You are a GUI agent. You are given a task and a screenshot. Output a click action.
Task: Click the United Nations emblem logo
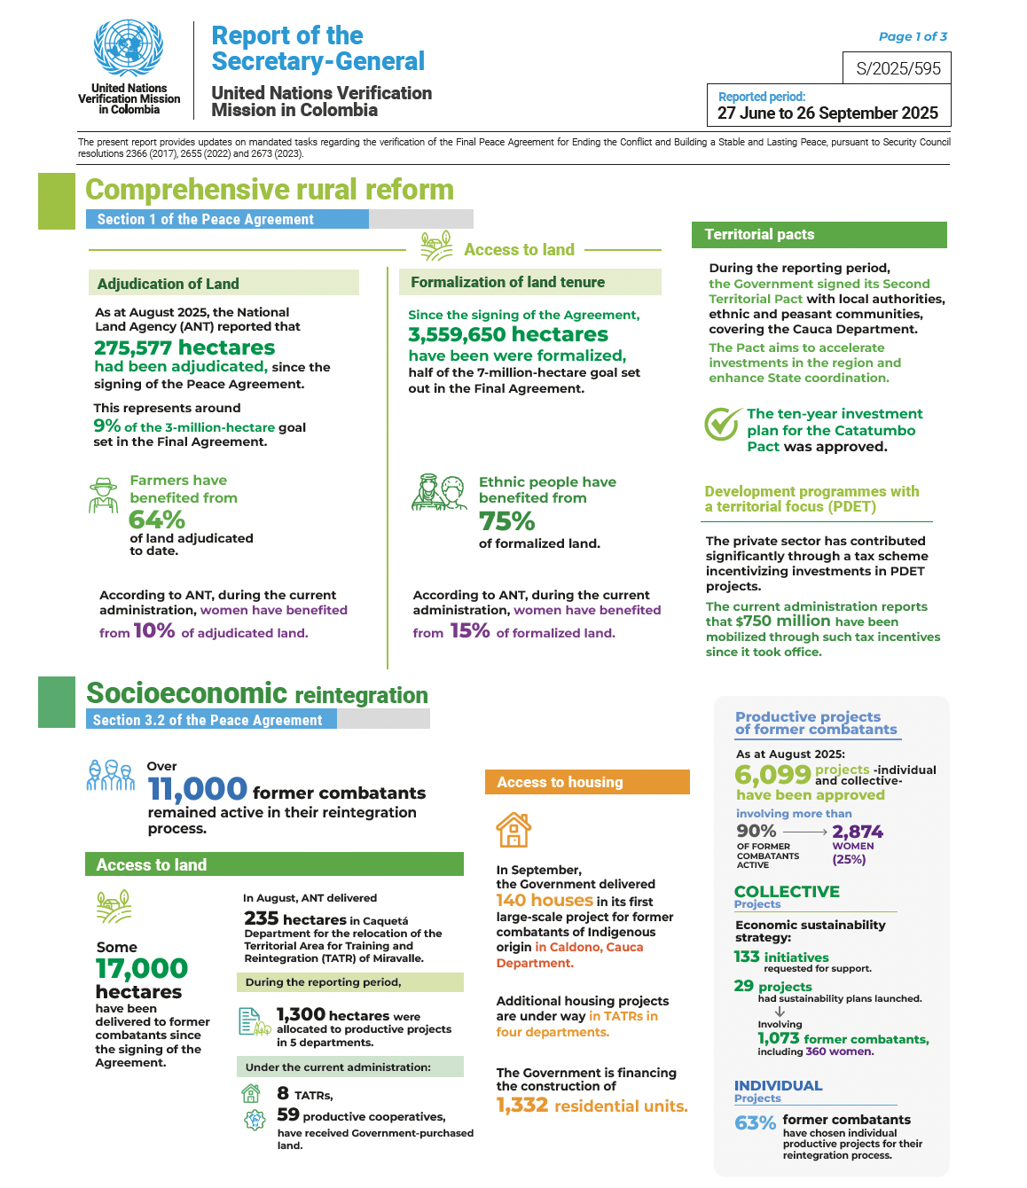129,48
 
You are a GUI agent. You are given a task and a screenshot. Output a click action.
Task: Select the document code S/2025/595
898,68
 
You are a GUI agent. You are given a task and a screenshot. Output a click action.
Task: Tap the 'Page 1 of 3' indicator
913,36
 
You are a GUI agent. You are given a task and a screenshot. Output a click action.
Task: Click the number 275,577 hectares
184,348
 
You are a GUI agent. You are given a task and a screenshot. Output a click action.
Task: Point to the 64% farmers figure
157,520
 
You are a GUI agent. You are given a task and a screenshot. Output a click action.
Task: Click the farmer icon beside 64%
104,496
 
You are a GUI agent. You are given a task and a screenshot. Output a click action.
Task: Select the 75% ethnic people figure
507,521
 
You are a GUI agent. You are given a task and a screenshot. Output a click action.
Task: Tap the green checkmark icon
723,424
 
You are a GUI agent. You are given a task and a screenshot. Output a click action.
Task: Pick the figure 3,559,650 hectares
508,334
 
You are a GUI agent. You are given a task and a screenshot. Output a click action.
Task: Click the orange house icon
513,830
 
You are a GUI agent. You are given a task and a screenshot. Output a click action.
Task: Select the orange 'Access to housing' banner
587,782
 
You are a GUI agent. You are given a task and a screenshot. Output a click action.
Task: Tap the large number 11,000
197,788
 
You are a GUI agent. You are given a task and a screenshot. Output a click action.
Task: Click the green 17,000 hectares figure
142,968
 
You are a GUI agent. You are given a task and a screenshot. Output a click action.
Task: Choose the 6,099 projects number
772,774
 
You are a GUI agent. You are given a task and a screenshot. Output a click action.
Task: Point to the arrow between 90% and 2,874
804,832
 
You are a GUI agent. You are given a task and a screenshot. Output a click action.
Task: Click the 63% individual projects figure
755,1123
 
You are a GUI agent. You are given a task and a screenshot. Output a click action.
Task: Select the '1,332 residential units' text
592,1106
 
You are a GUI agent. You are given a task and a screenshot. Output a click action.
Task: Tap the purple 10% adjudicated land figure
153,630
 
